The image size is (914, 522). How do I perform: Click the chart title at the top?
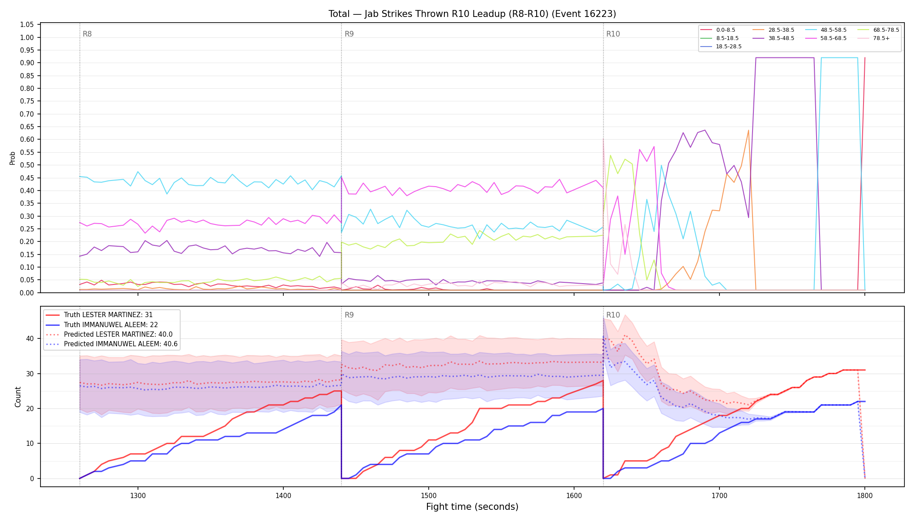(x=472, y=14)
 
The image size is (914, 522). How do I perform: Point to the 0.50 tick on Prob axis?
(x=27, y=165)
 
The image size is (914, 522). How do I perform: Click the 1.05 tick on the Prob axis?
(x=27, y=25)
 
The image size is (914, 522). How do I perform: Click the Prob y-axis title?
(x=13, y=158)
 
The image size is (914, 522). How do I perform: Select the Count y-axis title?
(x=18, y=397)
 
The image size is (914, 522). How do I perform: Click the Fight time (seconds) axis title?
(x=472, y=507)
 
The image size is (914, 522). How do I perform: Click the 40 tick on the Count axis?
(x=30, y=338)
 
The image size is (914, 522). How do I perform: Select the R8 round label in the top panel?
(x=87, y=34)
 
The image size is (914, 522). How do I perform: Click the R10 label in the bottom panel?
(x=613, y=315)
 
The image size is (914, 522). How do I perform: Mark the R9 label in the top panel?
(x=349, y=34)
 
